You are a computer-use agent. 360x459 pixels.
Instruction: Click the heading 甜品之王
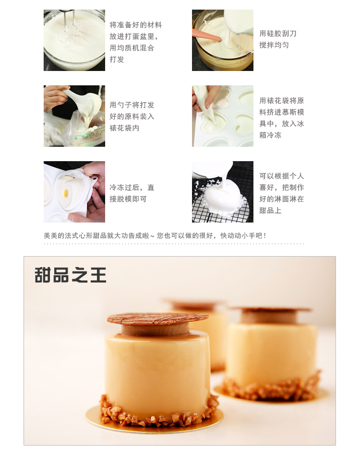[x=70, y=275]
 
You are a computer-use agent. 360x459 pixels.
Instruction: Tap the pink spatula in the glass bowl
[x=206, y=35]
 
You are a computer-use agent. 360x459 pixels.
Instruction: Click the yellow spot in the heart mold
[x=66, y=193]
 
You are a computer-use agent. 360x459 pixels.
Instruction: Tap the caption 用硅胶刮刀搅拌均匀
[x=278, y=39]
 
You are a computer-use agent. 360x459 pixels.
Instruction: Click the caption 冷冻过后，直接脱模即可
[x=132, y=193]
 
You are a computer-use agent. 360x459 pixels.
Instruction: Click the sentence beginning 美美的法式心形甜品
[x=155, y=235]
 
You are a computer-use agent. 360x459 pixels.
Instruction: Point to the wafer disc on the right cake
[x=270, y=309]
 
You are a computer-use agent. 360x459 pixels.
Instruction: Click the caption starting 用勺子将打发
[x=132, y=116]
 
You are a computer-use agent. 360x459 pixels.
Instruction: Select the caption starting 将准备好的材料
[x=136, y=42]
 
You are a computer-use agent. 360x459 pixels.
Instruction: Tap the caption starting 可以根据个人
[x=281, y=193]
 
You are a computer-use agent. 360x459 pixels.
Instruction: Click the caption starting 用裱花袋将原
[x=281, y=118]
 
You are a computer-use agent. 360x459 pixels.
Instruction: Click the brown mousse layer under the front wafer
[x=155, y=330]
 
